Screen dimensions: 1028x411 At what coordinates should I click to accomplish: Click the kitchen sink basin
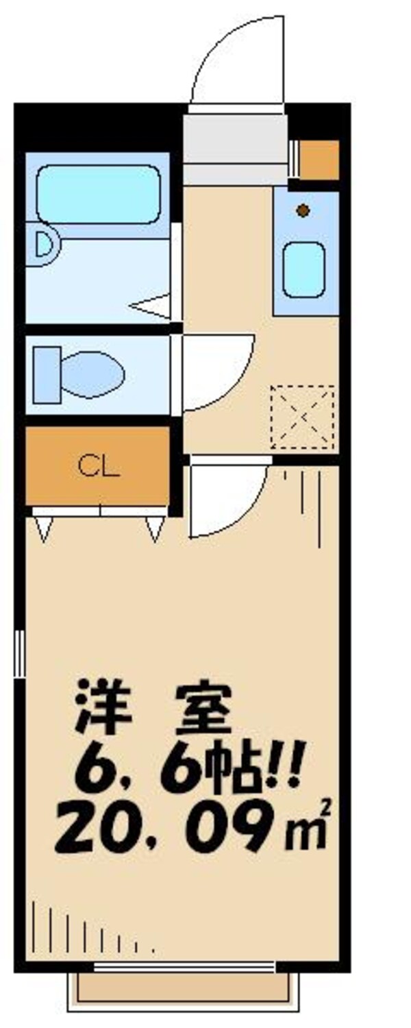(x=303, y=269)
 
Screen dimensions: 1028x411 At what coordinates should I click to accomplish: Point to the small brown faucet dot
(x=303, y=210)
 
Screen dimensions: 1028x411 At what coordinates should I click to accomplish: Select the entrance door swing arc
(x=236, y=58)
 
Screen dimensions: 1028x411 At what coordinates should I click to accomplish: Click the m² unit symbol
(x=312, y=833)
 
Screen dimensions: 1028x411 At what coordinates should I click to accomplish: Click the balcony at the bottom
(x=184, y=987)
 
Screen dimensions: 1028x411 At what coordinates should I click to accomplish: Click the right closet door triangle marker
(x=155, y=528)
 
